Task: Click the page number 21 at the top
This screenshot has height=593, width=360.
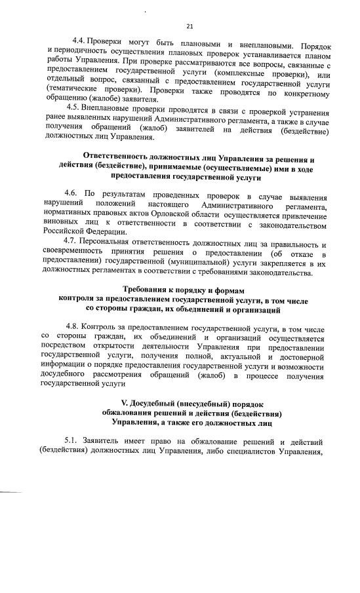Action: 190,26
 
